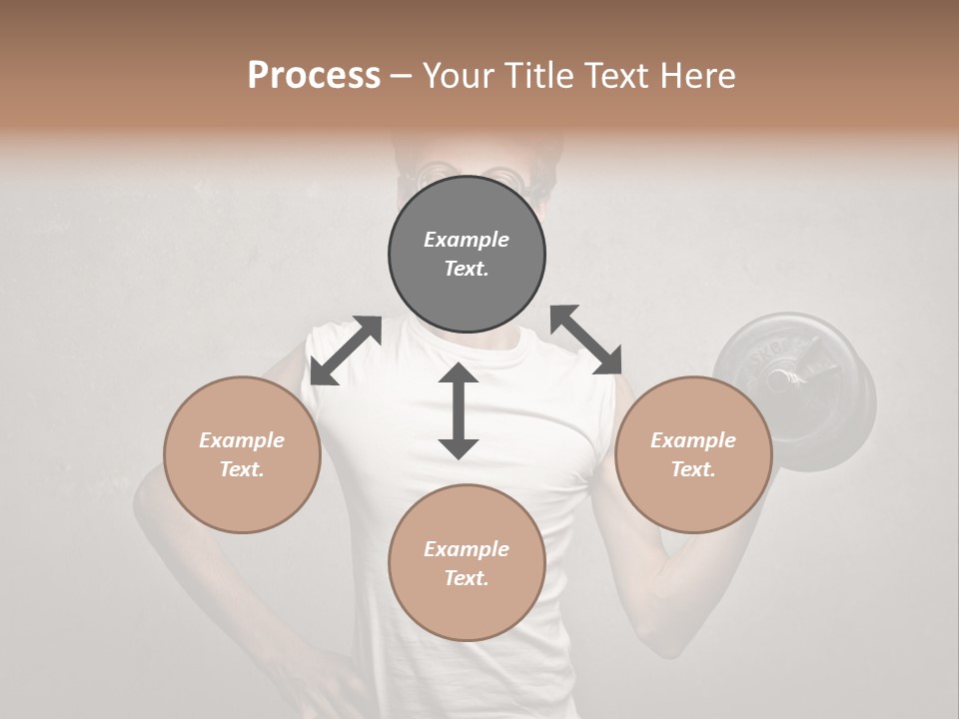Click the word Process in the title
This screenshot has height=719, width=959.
(x=314, y=76)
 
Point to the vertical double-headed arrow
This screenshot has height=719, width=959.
(x=459, y=411)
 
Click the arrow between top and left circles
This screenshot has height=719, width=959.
(x=346, y=350)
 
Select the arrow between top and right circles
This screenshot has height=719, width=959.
(x=585, y=341)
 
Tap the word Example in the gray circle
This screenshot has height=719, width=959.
(x=467, y=240)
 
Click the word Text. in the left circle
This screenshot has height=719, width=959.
(x=242, y=469)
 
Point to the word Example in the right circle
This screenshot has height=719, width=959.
(x=693, y=440)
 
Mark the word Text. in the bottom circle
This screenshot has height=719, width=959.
(x=467, y=578)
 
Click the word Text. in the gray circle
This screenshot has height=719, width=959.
(x=467, y=269)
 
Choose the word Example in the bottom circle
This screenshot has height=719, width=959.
(x=467, y=549)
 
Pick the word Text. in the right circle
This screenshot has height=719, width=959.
(x=693, y=469)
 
